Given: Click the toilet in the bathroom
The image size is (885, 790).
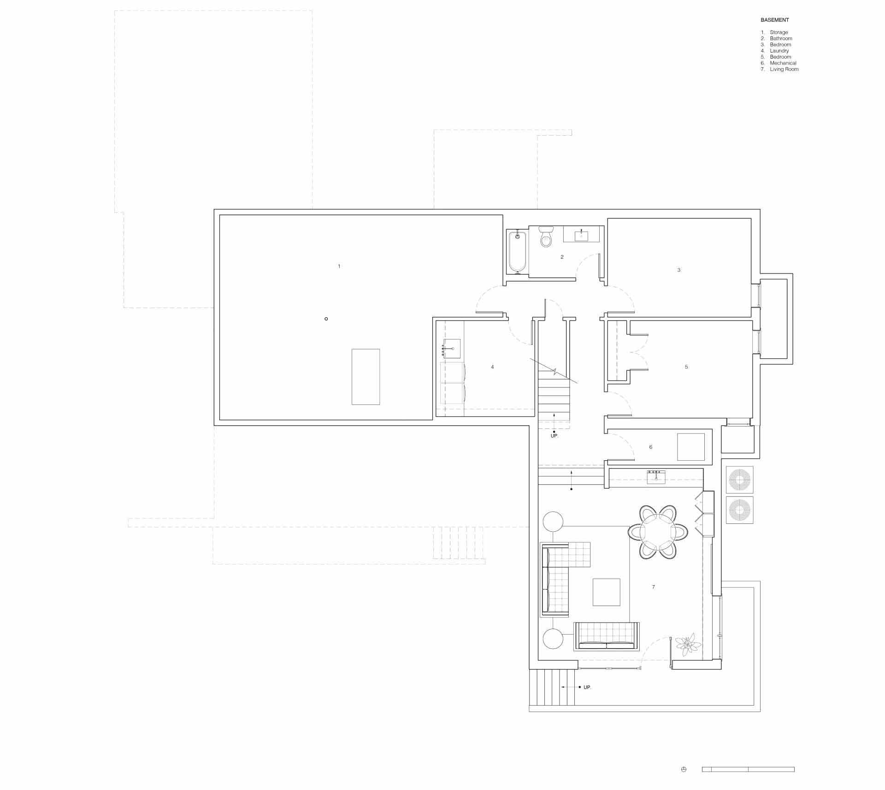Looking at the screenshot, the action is [x=546, y=236].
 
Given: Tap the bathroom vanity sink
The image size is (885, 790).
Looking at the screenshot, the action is [x=581, y=235].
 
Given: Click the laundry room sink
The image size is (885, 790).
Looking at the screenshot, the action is [x=129, y=349].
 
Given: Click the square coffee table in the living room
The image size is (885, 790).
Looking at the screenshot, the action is [x=607, y=592].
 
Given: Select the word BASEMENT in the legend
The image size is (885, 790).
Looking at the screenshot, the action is [x=775, y=20].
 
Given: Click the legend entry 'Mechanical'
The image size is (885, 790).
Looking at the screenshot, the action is [x=783, y=63].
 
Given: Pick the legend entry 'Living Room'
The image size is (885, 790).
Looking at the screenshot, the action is [x=784, y=69].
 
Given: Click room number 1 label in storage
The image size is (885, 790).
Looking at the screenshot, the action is [x=339, y=266].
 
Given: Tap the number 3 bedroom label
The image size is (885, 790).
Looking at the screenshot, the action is [x=678, y=270].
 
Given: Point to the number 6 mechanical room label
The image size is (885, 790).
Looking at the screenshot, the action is [x=651, y=447].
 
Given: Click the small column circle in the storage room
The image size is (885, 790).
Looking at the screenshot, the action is [x=326, y=319].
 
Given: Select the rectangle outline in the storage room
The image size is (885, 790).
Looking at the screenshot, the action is [x=366, y=377].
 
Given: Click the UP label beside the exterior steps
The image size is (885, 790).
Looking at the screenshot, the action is [x=587, y=700].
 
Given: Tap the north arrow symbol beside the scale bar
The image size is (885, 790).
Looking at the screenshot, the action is [x=684, y=769].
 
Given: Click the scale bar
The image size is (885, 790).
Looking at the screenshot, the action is [x=748, y=769].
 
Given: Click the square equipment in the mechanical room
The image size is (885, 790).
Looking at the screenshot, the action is [x=691, y=447].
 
